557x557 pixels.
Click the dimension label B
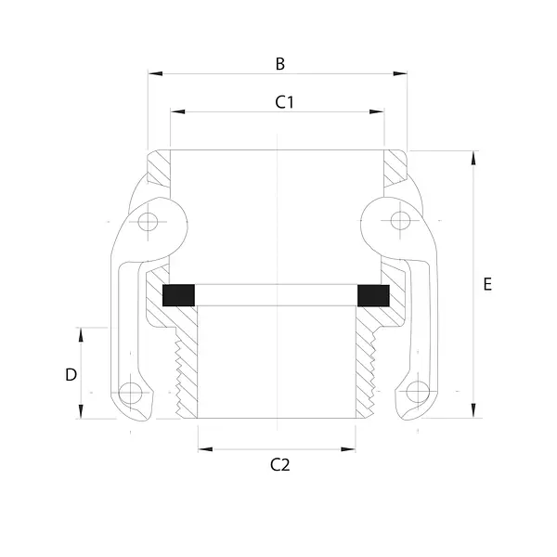(280, 64)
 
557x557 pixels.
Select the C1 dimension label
(285, 102)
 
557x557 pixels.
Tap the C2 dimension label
(280, 465)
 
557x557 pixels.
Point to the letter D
(71, 375)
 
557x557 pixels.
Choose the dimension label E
(487, 284)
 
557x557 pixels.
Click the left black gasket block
(178, 295)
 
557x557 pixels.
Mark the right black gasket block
(373, 295)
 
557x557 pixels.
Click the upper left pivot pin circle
(148, 222)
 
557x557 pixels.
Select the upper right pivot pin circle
(400, 221)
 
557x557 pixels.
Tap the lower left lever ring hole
(130, 393)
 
